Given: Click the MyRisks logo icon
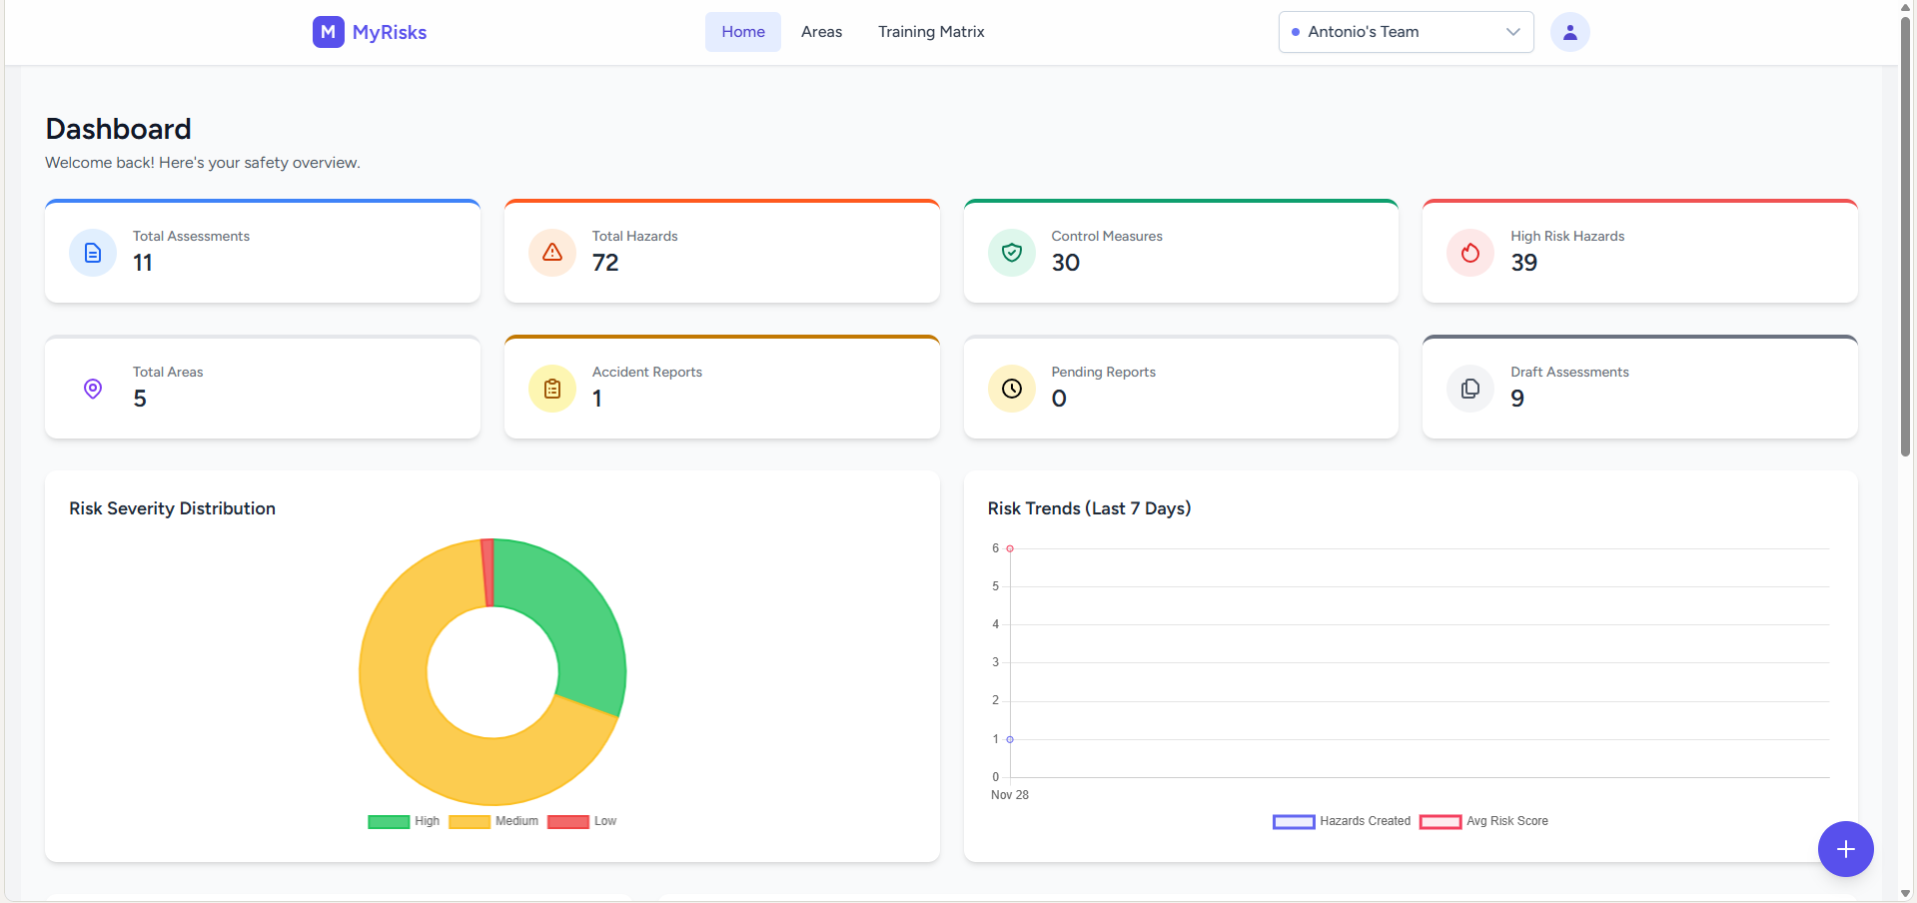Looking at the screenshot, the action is coord(328,32).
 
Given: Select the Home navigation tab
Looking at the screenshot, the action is coord(743,32).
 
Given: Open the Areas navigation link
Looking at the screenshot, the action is coord(821,32).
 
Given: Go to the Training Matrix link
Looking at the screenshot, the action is coord(931,32).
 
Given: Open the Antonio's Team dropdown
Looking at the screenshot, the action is coord(1406,32).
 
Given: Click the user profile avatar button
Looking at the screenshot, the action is coord(1569,32).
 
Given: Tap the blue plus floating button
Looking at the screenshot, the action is coord(1845,849).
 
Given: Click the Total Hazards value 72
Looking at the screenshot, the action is coord(605,263).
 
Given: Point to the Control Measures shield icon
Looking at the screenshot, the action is coord(1011,253).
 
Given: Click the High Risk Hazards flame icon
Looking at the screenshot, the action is coord(1469,253).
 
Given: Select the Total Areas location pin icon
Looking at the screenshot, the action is coord(93,389).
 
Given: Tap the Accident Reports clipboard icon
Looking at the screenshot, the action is coord(551,389).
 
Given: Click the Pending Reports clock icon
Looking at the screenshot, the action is coord(1011,389).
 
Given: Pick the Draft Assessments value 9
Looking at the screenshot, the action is coord(1517,399).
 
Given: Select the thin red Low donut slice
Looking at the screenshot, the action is coord(487,572).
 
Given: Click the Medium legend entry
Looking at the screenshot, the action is coord(493,821).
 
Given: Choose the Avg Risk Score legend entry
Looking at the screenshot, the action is coord(1483,821).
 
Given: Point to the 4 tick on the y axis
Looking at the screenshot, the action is coord(995,624).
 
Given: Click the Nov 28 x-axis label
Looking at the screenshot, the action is coord(1009,795).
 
